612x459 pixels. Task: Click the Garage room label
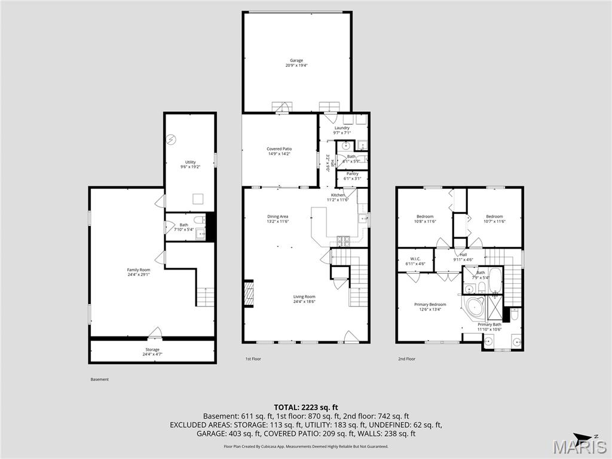pyautogui.click(x=296, y=60)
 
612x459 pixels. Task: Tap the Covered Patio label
pyautogui.click(x=279, y=149)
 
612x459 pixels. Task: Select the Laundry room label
pyautogui.click(x=342, y=128)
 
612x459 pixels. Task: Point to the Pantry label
pyautogui.click(x=352, y=174)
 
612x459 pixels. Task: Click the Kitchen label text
pyautogui.click(x=339, y=195)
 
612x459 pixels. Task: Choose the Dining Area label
pyautogui.click(x=278, y=216)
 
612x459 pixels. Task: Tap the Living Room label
pyautogui.click(x=304, y=296)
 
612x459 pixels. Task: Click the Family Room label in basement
pyautogui.click(x=139, y=270)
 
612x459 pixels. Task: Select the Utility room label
pyautogui.click(x=190, y=162)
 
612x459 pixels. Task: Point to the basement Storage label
pyautogui.click(x=152, y=350)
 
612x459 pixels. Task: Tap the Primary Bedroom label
pyautogui.click(x=430, y=304)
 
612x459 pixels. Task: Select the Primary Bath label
pyautogui.click(x=489, y=325)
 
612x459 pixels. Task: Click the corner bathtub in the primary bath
pyautogui.click(x=476, y=306)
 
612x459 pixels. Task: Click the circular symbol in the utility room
pyautogui.click(x=172, y=139)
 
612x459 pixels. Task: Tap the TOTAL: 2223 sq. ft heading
pyautogui.click(x=306, y=406)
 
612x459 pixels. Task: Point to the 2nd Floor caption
pyautogui.click(x=406, y=359)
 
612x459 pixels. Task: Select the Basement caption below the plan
pyautogui.click(x=100, y=380)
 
